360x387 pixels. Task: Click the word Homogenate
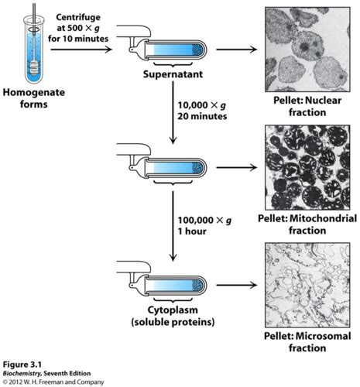pos(34,93)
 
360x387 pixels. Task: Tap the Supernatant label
pos(173,74)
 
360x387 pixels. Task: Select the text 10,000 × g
pos(201,105)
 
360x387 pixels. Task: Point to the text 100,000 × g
pos(204,221)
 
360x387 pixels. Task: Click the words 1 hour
pos(192,231)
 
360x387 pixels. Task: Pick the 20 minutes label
pos(202,116)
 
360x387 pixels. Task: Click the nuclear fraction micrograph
pos(307,50)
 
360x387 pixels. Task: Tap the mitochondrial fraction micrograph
pos(307,167)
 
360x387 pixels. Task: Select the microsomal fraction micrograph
pos(307,285)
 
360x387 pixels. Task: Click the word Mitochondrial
pos(324,218)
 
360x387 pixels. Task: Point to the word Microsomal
pos(323,336)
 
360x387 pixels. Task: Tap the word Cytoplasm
pos(173,310)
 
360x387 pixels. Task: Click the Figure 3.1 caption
pos(22,365)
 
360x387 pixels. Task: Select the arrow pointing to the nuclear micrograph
pos(237,50)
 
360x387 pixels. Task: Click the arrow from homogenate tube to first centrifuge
pos(81,50)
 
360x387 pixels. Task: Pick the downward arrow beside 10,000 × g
pos(173,112)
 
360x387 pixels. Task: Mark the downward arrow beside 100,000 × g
pos(173,226)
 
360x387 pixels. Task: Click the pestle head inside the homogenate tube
pos(34,68)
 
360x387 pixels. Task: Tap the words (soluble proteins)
pos(173,322)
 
